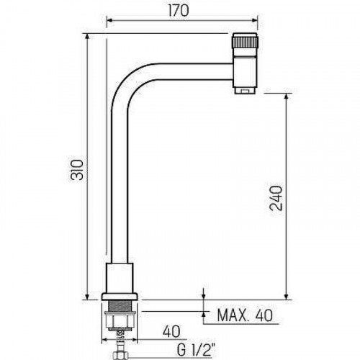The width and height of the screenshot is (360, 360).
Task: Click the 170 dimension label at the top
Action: click(x=179, y=11)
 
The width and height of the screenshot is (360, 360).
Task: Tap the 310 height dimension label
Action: click(x=77, y=170)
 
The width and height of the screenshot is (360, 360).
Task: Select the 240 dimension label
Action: click(x=276, y=198)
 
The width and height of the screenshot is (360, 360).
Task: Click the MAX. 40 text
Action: click(x=245, y=315)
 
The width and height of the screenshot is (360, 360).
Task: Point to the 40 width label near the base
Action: click(x=171, y=331)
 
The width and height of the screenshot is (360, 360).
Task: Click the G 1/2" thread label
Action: click(x=195, y=351)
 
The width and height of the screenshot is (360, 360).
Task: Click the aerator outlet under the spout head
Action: click(x=245, y=91)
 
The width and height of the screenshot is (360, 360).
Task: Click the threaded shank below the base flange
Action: click(x=120, y=306)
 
